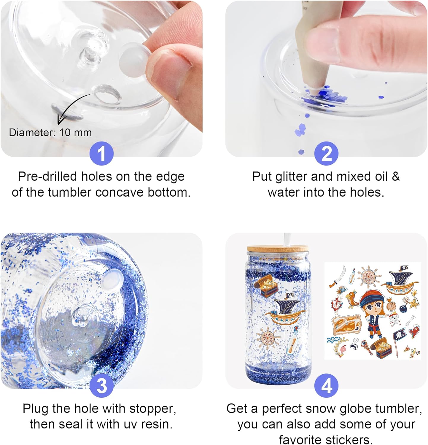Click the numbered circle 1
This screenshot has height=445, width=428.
click(101, 154)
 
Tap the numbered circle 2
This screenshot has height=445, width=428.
click(326, 154)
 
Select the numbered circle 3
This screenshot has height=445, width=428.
click(101, 386)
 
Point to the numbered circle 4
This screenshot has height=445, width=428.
click(326, 386)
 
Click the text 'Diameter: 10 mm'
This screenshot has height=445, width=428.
click(50, 132)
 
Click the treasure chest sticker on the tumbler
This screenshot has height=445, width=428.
click(265, 285)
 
